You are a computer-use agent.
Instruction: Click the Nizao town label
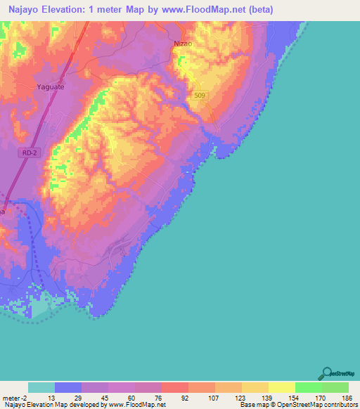pyautogui.click(x=182, y=44)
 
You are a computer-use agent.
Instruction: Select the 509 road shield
pyautogui.click(x=199, y=96)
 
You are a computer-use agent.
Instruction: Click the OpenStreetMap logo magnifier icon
pyautogui.click(x=326, y=373)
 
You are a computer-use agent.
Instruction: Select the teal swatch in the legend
pyautogui.click(x=41, y=387)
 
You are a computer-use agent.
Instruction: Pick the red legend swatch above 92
pyautogui.click(x=175, y=387)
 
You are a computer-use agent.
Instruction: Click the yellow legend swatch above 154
pyautogui.click(x=282, y=387)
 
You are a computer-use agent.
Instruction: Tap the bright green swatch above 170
pyautogui.click(x=309, y=387)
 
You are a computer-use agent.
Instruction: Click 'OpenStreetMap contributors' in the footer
pyautogui.click(x=317, y=405)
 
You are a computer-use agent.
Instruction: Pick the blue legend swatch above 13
pyautogui.click(x=68, y=387)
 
